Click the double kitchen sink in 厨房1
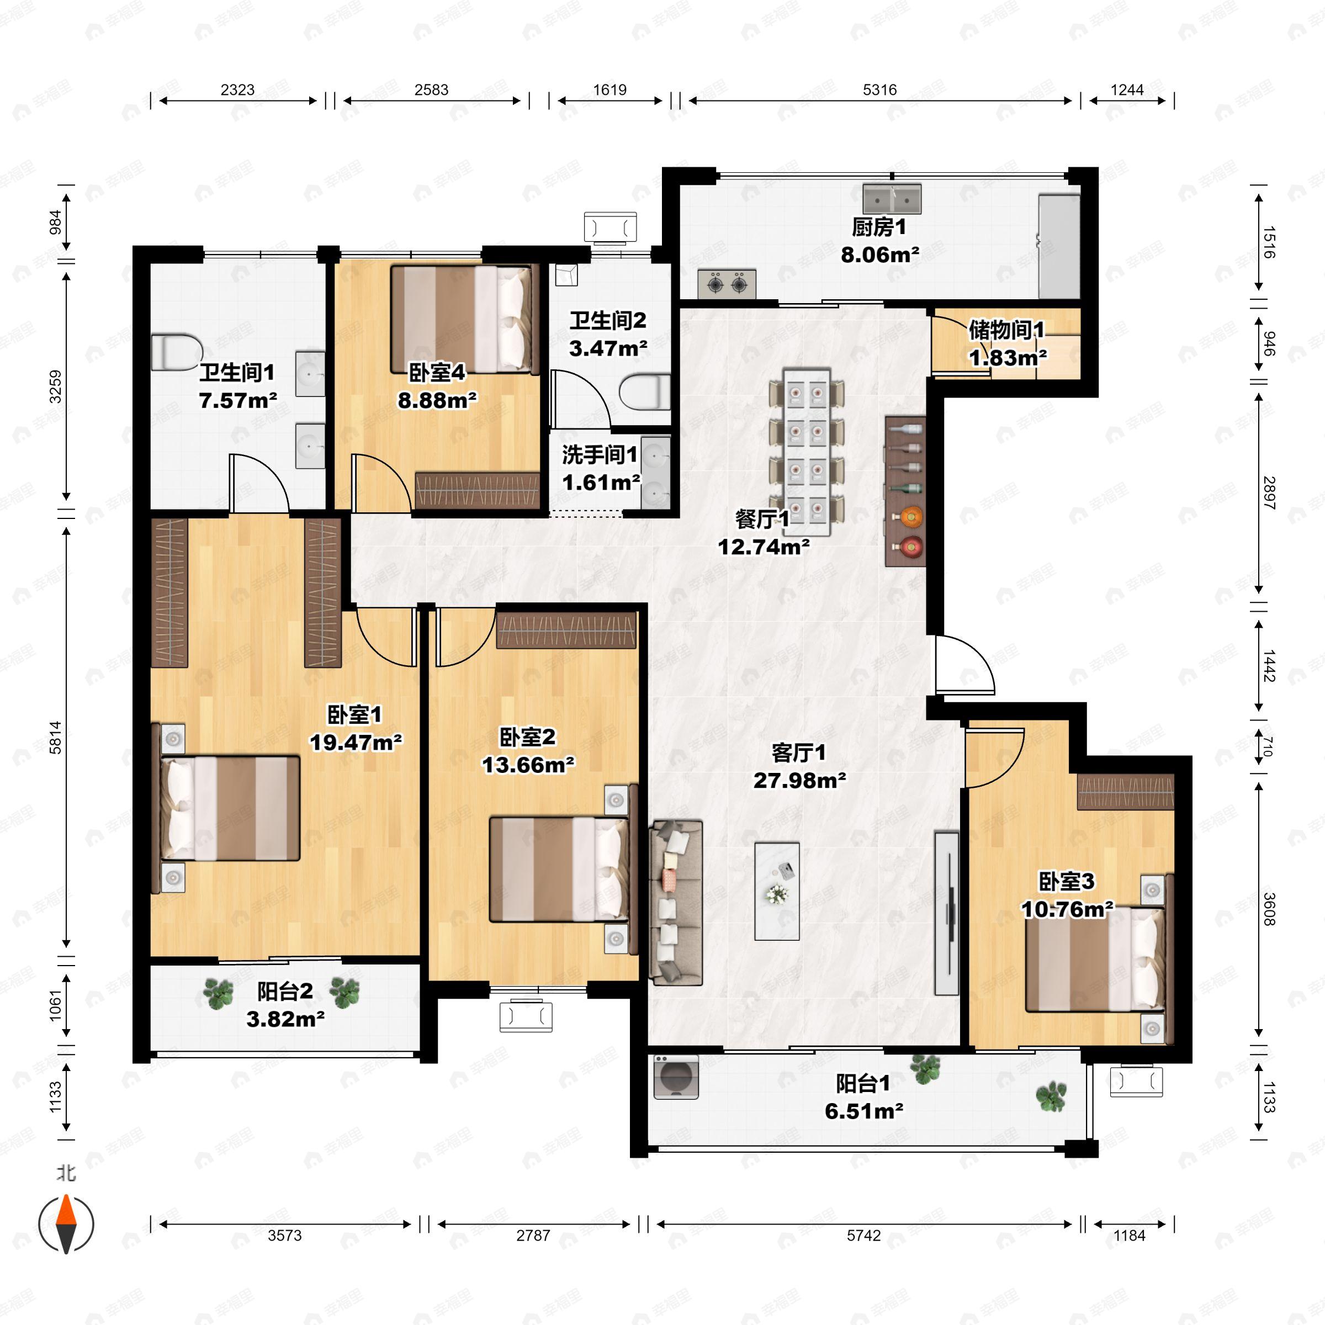click(892, 198)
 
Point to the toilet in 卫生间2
click(645, 391)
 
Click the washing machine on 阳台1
click(676, 1077)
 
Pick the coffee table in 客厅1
click(777, 891)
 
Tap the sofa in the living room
click(676, 903)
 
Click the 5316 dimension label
click(880, 90)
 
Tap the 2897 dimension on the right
click(1269, 493)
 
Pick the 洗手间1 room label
click(600, 455)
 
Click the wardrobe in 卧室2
click(566, 629)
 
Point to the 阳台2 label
click(285, 991)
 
